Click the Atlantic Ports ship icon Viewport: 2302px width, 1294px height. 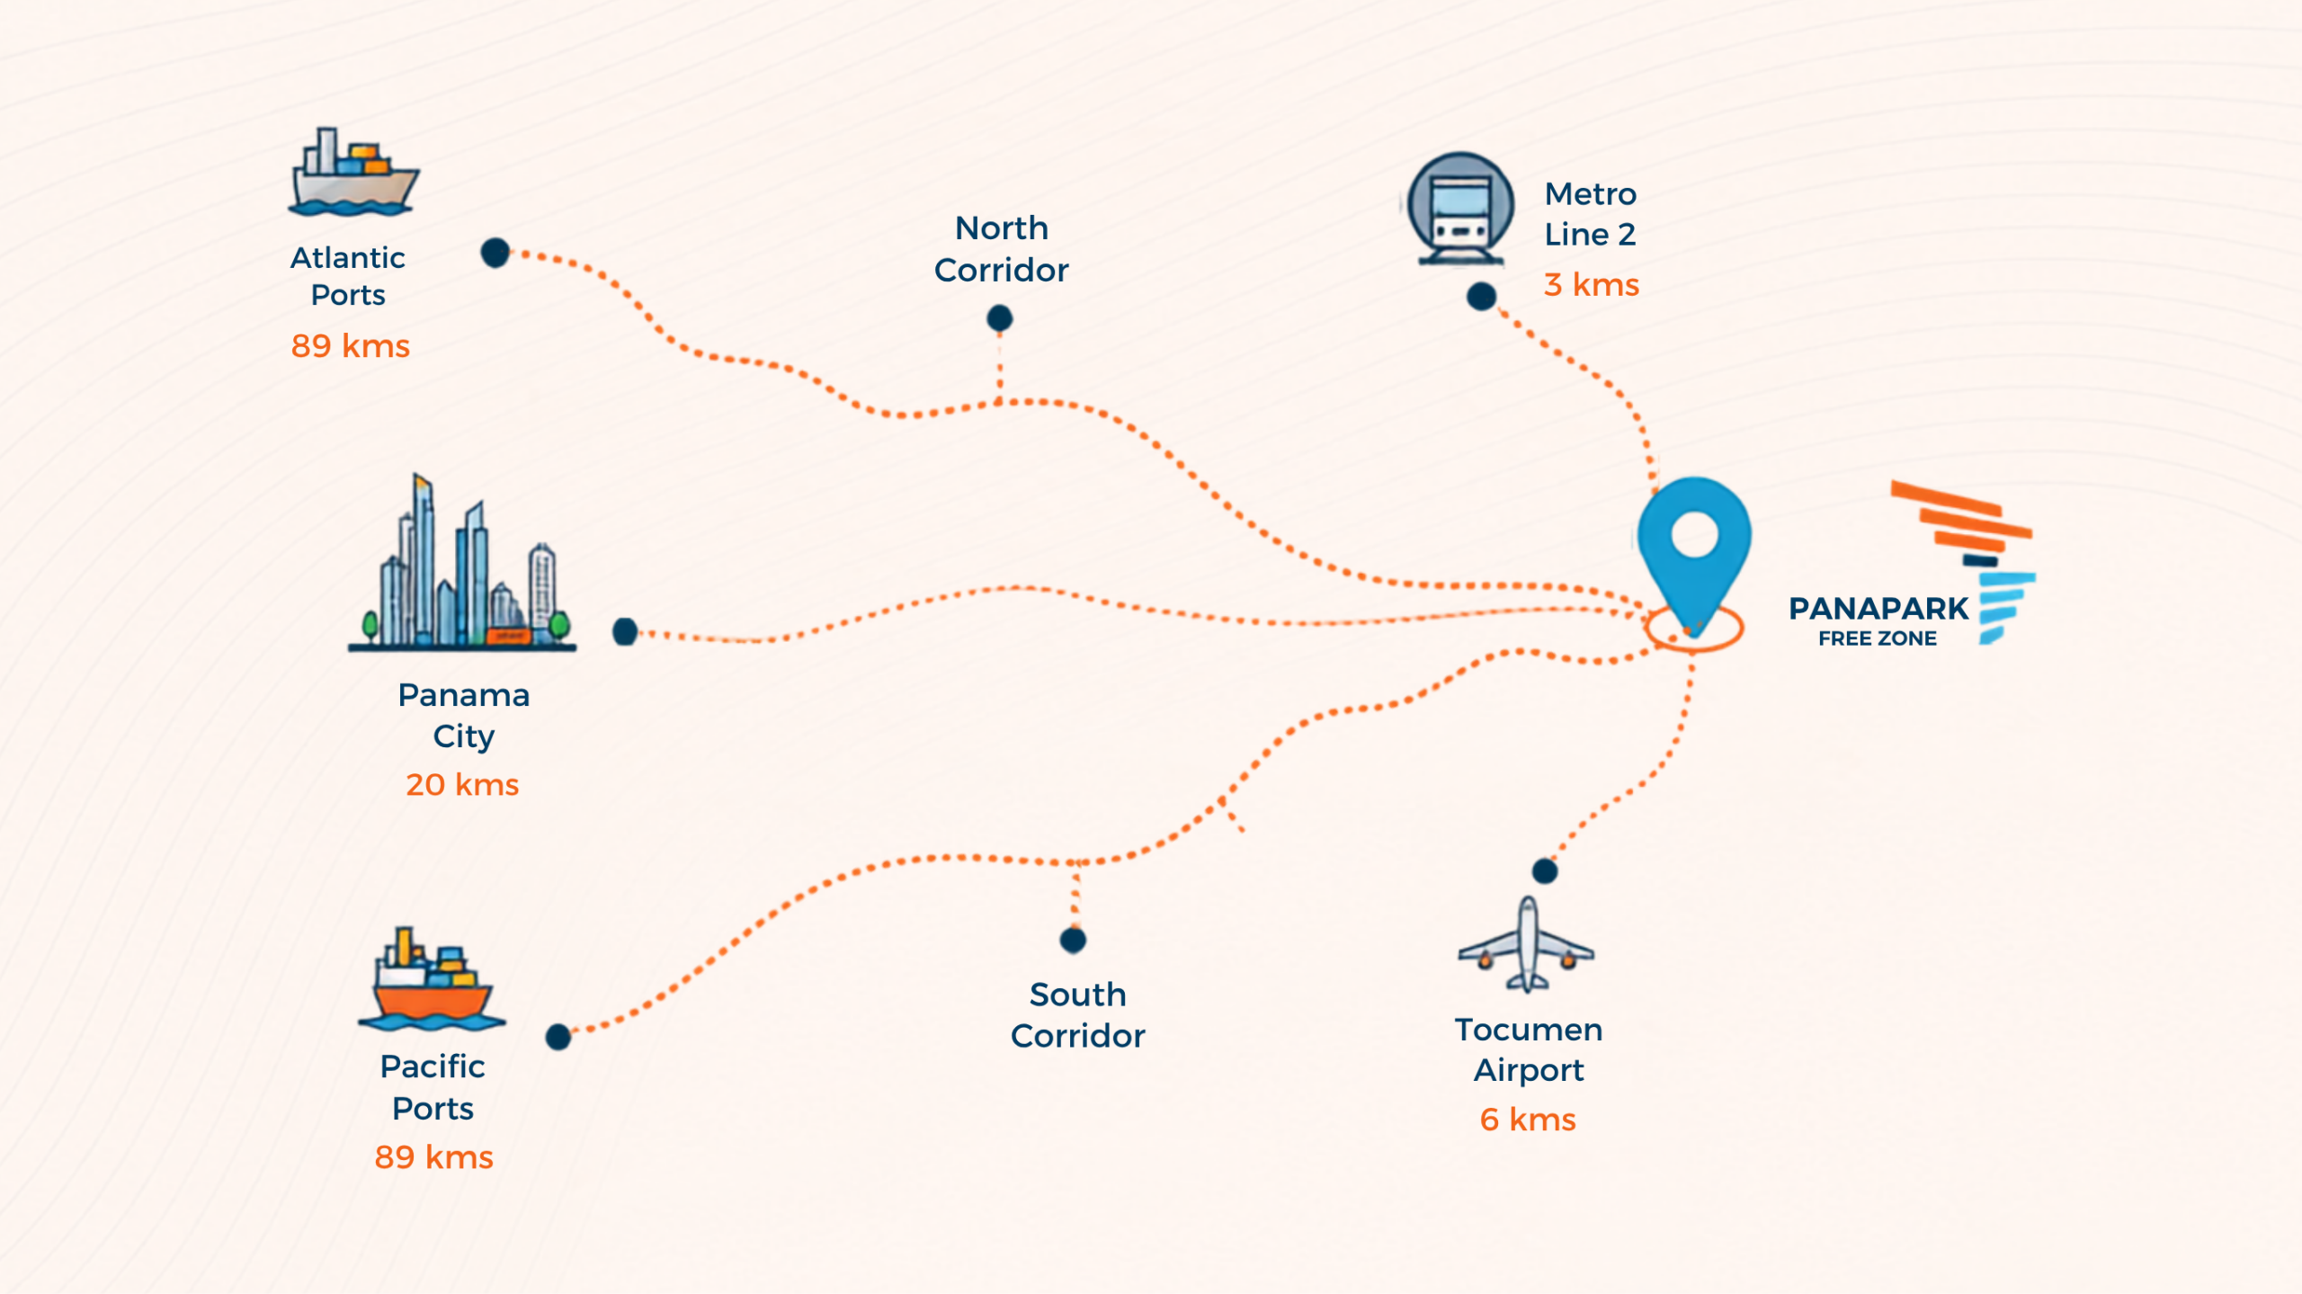pos(353,172)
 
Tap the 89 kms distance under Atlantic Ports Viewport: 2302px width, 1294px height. pos(351,346)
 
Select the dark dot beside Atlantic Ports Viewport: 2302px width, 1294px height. pos(495,253)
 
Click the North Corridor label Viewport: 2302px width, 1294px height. pos(1002,249)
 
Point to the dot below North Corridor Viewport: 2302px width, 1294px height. pos(999,317)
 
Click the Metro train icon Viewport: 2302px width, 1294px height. pos(1460,209)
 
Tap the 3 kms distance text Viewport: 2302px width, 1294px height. pos(1592,285)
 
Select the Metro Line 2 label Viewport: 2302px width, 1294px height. pos(1591,214)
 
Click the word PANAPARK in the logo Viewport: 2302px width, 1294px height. pos(1878,609)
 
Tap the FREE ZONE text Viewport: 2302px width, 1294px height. pos(1878,638)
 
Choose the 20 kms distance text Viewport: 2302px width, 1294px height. pos(462,785)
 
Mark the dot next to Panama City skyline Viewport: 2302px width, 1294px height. pos(625,631)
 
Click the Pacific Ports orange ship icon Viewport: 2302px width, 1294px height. pos(433,979)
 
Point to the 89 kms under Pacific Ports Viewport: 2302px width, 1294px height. pos(434,1157)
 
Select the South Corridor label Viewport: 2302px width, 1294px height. pos(1078,1015)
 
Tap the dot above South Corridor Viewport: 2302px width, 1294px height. pos(1073,940)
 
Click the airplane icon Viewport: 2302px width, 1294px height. pos(1526,944)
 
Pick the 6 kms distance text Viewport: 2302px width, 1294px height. pos(1528,1120)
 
